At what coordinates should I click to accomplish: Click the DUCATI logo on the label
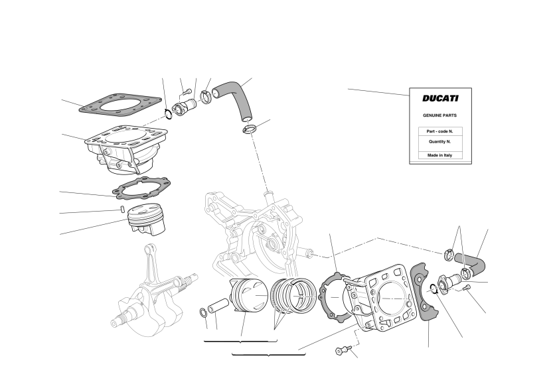pos(440,98)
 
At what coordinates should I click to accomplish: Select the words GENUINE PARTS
pos(439,115)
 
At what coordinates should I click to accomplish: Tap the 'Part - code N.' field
pos(440,131)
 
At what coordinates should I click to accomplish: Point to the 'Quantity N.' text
pos(439,141)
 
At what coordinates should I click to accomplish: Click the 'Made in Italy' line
pos(439,155)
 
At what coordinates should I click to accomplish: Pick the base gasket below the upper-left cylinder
pos(141,188)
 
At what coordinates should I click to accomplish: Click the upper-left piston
pos(147,220)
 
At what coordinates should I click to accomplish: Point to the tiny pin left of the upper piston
pos(121,209)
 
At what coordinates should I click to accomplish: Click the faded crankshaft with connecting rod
pos(154,290)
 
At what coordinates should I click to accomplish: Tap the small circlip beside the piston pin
pos(204,313)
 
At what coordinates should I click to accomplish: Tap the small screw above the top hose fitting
pos(187,92)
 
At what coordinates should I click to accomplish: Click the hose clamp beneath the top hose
pos(249,129)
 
